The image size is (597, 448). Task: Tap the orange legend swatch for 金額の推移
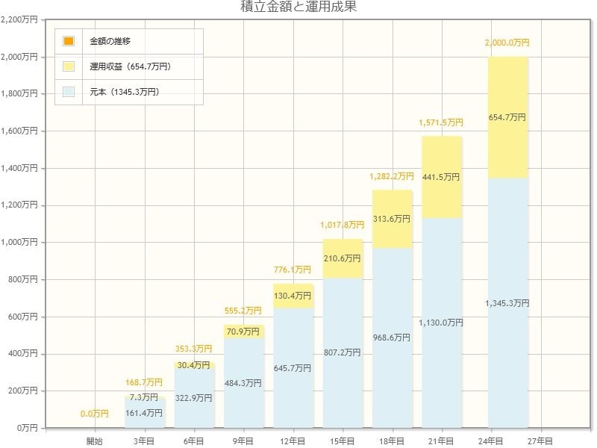(69, 41)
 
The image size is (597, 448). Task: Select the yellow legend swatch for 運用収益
(69, 66)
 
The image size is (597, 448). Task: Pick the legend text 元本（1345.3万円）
(130, 92)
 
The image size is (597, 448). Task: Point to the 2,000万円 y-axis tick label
(19, 57)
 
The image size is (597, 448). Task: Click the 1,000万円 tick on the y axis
(19, 243)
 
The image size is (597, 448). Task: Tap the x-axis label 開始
(95, 441)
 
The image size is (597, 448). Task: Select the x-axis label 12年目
(293, 441)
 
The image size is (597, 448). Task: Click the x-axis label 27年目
(540, 441)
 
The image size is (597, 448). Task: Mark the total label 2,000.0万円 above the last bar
(507, 43)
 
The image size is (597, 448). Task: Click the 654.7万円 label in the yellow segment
(507, 118)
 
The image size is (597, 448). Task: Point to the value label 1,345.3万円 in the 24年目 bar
(507, 303)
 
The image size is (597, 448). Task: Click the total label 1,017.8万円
(342, 225)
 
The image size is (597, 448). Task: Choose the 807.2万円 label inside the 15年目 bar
(343, 352)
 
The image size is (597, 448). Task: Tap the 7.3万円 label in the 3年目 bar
(144, 396)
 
